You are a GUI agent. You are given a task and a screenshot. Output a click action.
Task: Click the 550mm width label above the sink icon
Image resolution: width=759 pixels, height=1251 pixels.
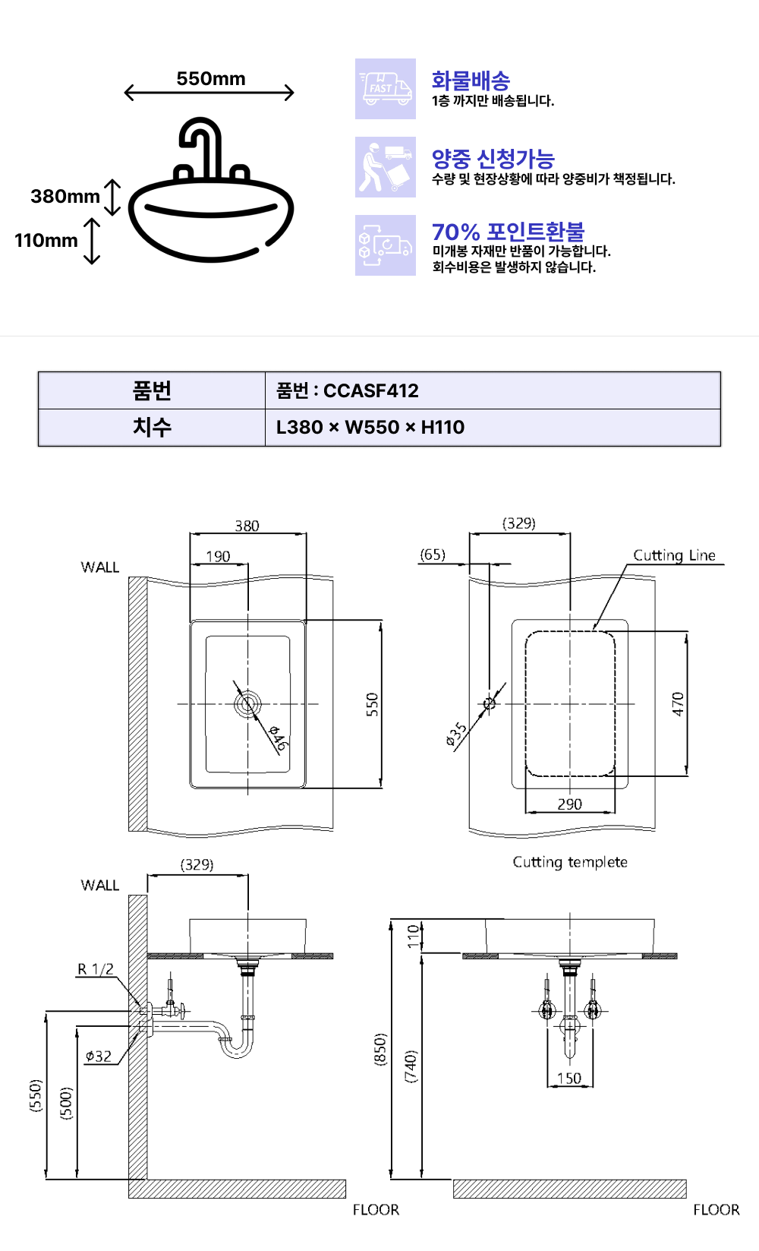(210, 79)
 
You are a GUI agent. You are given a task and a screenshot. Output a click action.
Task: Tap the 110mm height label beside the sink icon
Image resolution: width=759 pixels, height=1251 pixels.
(46, 241)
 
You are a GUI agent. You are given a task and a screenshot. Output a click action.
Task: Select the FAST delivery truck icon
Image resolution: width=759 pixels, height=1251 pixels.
(386, 89)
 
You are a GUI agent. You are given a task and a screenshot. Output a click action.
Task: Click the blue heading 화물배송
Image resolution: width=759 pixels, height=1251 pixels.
(471, 81)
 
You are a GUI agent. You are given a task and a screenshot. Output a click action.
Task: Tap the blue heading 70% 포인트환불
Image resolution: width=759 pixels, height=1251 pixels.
(508, 232)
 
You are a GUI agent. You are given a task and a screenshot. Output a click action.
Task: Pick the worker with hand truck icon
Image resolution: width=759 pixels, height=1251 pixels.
(386, 167)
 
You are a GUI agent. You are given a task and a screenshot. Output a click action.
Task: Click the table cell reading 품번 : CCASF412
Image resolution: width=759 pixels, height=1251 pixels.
(348, 391)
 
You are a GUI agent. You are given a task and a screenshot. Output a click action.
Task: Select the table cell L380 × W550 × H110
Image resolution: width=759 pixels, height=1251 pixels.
(370, 428)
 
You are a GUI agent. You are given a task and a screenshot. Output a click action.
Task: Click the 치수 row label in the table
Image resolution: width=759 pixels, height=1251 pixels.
(152, 428)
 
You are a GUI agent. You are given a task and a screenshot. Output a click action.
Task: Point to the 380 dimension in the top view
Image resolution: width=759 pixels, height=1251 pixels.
(247, 526)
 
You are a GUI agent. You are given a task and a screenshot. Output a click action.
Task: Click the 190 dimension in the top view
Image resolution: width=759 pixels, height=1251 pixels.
(218, 556)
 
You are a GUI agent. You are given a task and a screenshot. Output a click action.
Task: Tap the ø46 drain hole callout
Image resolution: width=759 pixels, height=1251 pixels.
(279, 738)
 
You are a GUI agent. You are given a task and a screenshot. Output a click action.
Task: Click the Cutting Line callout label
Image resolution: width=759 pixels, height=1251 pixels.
(674, 555)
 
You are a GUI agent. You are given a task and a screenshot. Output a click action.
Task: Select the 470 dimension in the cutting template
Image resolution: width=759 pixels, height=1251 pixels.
(678, 704)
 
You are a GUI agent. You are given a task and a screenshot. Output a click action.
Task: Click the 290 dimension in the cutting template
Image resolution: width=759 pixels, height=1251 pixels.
(569, 804)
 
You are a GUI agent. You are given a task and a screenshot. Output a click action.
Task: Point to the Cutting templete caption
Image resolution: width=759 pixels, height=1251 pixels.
(570, 862)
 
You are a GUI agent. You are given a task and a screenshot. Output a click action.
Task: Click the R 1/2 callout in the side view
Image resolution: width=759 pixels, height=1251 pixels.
(96, 969)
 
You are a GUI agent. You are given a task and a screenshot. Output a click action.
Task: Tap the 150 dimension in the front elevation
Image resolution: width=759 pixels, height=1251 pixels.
(568, 1078)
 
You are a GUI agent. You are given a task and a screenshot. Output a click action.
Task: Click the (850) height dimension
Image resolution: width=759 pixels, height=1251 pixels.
(380, 1050)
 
